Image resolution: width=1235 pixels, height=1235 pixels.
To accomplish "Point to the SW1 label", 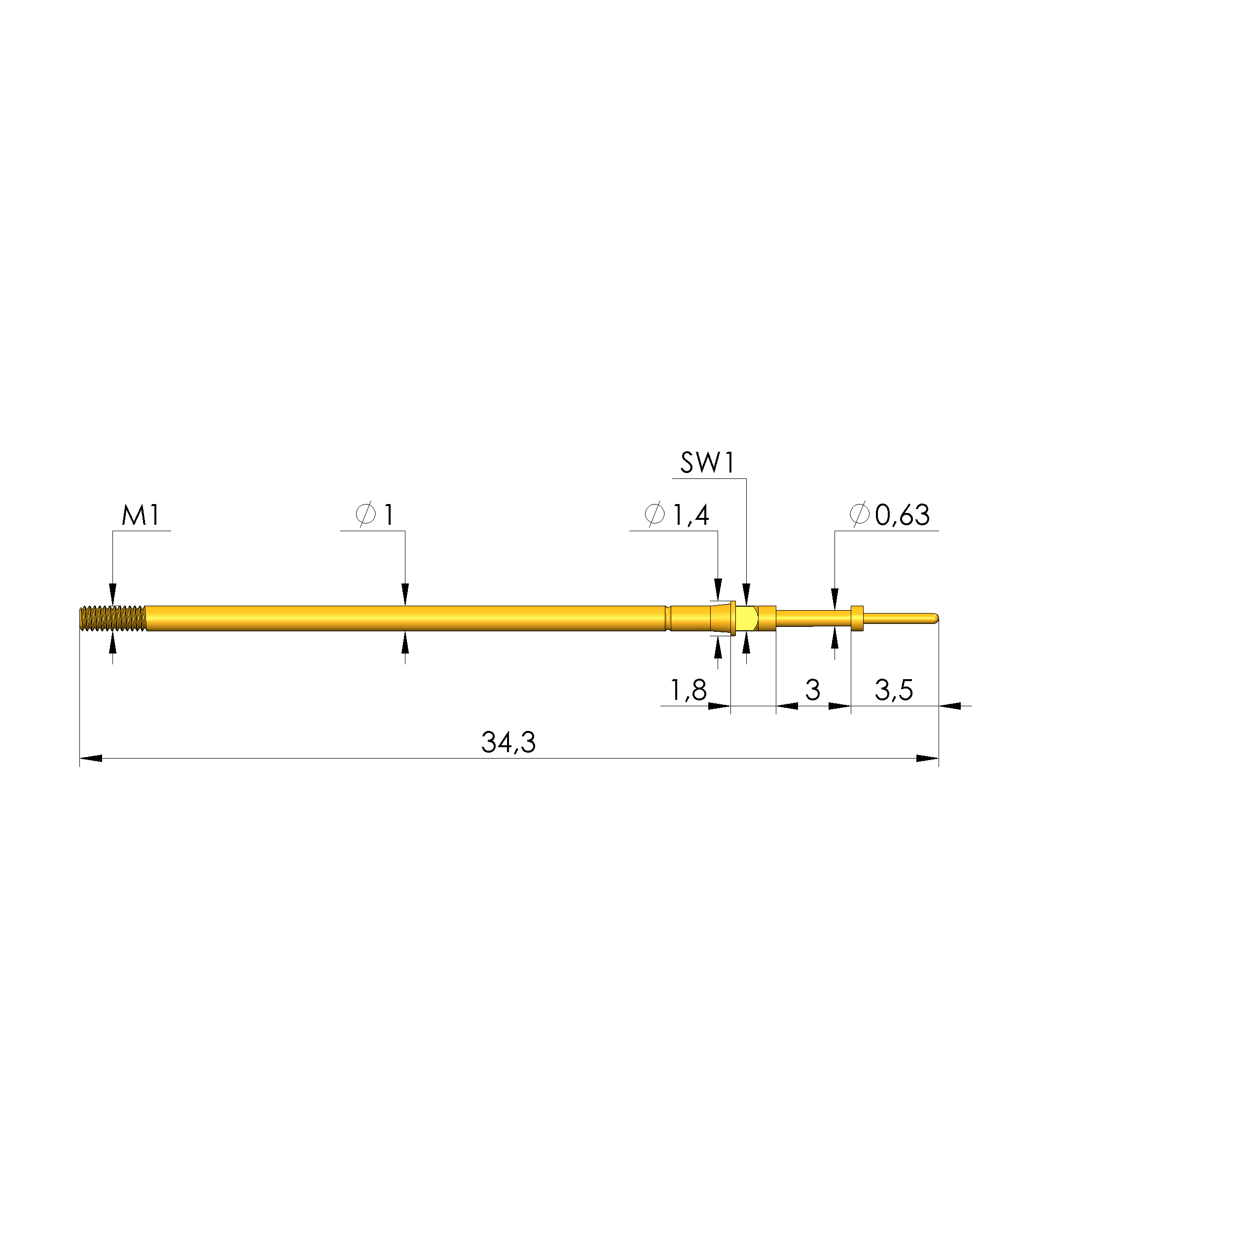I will [708, 463].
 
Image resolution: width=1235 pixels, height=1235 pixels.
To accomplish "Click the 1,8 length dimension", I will [689, 690].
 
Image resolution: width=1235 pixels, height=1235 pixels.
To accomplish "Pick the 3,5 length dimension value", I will [894, 690].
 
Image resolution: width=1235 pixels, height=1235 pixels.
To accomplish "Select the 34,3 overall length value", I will [508, 742].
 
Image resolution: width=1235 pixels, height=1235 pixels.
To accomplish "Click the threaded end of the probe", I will [112, 618].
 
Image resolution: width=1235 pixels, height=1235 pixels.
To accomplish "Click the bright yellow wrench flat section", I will [747, 618].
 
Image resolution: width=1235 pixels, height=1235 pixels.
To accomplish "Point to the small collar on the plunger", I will [857, 617].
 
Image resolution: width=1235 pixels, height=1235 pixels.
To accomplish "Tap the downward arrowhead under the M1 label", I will [113, 594].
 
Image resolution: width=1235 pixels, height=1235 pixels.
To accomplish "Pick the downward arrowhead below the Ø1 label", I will [404, 594].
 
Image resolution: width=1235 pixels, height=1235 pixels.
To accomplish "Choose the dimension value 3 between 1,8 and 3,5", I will [812, 690].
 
